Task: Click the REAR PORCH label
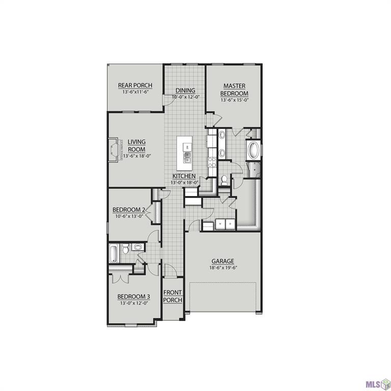pos(135,86)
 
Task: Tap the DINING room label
pos(185,91)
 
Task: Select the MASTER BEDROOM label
pos(234,90)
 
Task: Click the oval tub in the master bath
pos(253,151)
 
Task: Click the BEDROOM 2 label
pos(129,210)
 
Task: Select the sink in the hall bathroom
pos(137,248)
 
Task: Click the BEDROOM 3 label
pos(133,297)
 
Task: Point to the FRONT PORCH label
pos(172,296)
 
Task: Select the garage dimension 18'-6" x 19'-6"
pos(223,268)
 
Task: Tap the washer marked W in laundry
pos(219,224)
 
